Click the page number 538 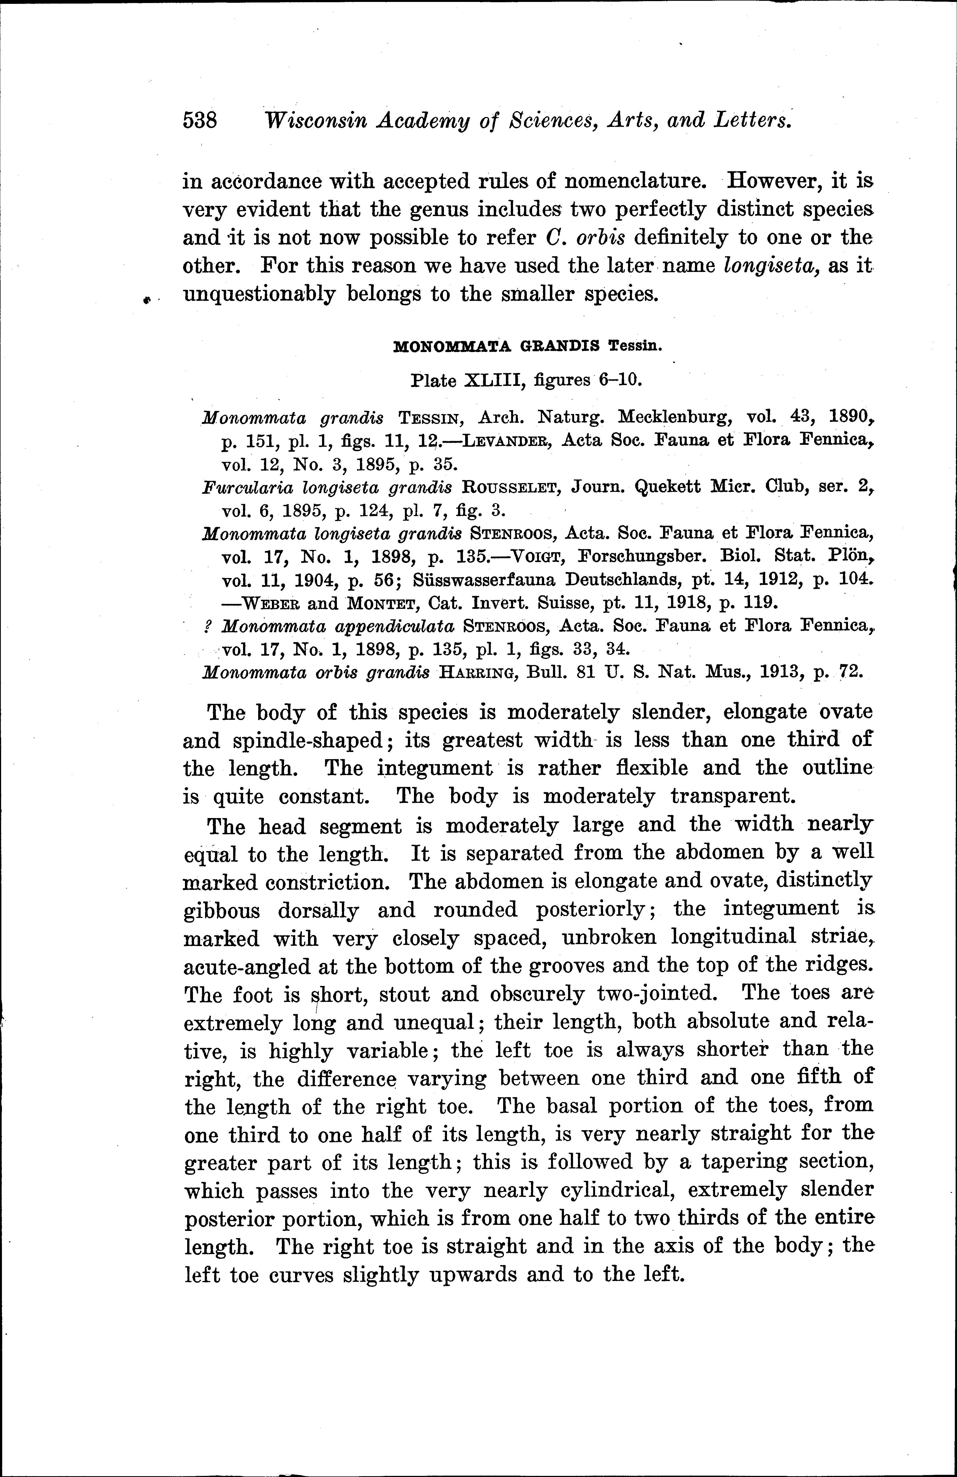pos(200,120)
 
